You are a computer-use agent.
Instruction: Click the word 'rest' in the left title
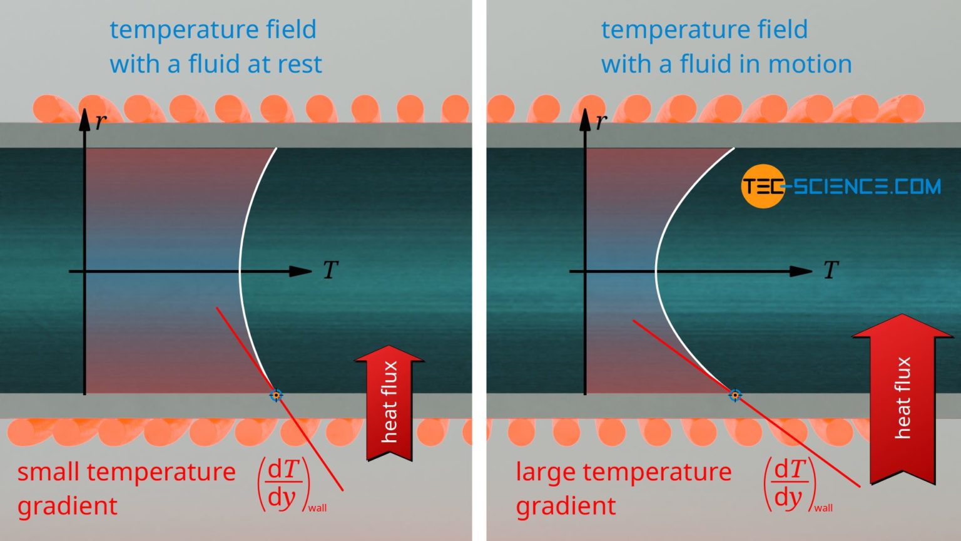(298, 64)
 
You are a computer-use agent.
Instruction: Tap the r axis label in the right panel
(601, 121)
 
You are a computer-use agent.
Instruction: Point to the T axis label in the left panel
(330, 270)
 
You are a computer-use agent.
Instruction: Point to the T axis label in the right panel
(831, 270)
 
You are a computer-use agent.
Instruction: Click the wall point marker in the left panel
(276, 395)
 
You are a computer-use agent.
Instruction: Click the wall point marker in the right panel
(735, 395)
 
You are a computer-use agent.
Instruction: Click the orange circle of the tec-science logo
(761, 186)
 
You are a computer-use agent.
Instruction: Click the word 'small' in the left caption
(49, 472)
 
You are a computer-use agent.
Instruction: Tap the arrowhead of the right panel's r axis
(585, 119)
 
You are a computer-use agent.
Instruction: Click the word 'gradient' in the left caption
(68, 506)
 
